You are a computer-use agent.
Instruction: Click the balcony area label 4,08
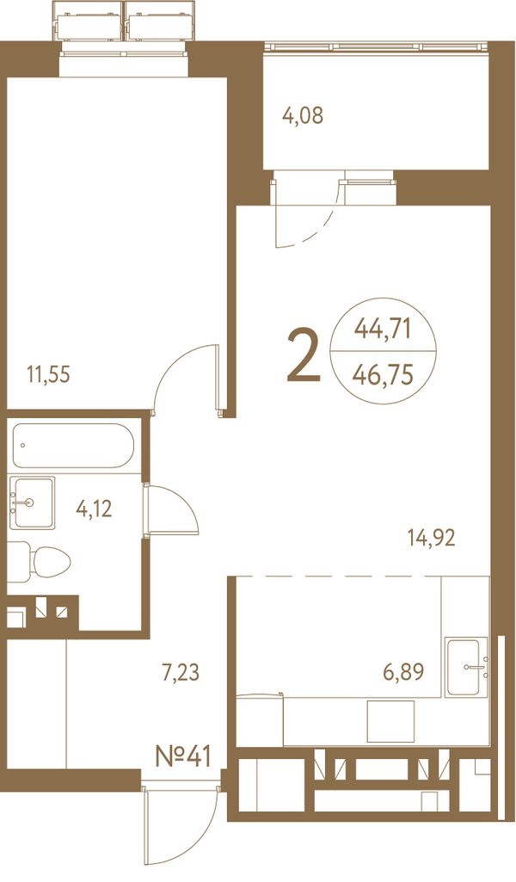(x=303, y=117)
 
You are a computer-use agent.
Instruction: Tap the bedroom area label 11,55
(x=49, y=373)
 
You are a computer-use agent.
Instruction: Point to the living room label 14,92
(x=431, y=539)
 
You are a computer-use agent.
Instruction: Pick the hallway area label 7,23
(x=181, y=672)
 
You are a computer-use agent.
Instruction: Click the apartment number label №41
(x=182, y=756)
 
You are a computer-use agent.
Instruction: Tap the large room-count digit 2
(x=304, y=356)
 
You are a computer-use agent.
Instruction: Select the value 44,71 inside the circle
(x=383, y=328)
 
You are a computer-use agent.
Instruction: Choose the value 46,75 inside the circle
(x=383, y=373)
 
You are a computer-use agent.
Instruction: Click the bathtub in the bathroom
(x=74, y=446)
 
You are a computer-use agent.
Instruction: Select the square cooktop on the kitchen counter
(x=390, y=721)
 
